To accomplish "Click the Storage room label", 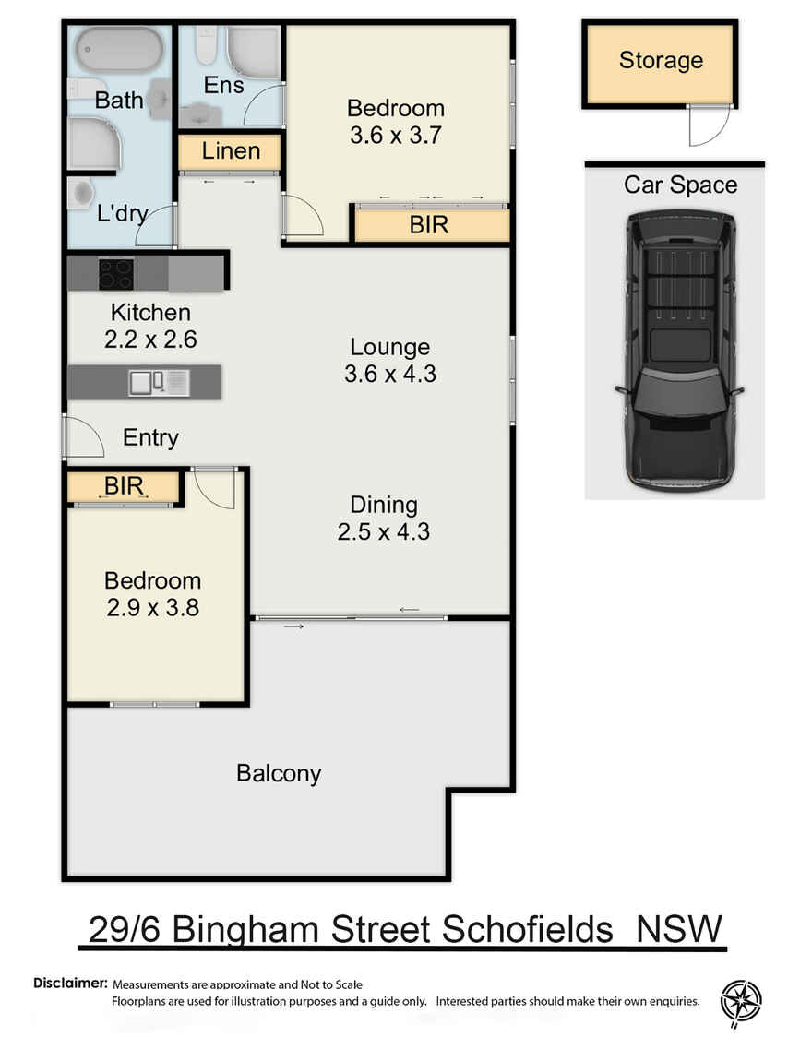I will click(661, 61).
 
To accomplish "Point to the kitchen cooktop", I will click(116, 273).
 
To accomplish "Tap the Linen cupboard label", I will click(231, 151).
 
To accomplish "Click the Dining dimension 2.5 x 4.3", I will click(384, 531).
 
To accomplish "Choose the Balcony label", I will click(279, 772).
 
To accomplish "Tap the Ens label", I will click(224, 86).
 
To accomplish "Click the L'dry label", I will click(123, 214).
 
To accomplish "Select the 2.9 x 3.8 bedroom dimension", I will click(152, 608).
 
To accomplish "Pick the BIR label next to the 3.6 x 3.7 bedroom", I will click(429, 224).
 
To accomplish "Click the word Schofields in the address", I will click(528, 929).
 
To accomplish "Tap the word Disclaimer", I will click(71, 984).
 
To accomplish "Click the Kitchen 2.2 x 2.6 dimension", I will click(150, 339).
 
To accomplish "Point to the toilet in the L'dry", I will click(82, 192).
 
